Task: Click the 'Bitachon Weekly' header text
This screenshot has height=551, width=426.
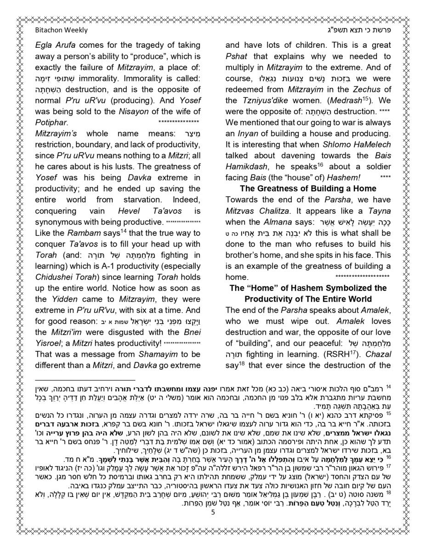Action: click(x=61, y=30)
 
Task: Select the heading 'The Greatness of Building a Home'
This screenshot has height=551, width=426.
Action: click(x=301, y=189)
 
